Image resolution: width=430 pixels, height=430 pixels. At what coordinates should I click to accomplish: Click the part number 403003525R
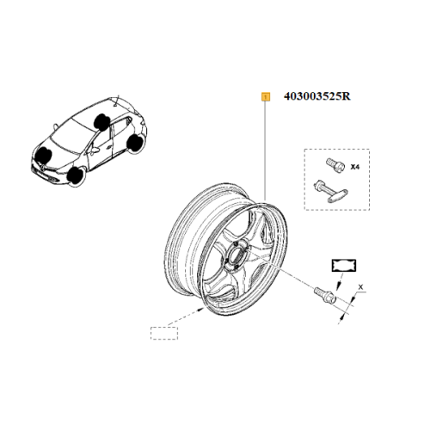[317, 96]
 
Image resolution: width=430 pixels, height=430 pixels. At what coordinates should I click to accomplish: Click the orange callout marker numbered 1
[266, 97]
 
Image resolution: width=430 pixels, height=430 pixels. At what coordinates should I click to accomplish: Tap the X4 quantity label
[355, 167]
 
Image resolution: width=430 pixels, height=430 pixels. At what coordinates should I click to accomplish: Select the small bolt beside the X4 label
[335, 166]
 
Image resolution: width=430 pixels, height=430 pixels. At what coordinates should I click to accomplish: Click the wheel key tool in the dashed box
[331, 192]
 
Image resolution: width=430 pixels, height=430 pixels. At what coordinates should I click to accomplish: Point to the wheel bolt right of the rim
[325, 295]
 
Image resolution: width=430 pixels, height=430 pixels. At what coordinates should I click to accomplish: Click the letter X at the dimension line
[361, 287]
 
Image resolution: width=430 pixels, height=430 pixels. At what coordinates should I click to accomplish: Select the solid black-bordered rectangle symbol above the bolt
[344, 265]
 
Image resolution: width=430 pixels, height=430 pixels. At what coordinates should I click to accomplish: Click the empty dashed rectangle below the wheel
[164, 333]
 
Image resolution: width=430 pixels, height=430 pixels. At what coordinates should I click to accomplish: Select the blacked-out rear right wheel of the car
[101, 121]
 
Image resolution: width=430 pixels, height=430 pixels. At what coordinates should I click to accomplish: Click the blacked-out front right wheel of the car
[44, 155]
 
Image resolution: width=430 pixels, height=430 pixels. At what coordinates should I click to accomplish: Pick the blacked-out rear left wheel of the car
[135, 144]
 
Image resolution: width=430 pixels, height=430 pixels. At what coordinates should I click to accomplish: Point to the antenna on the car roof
[117, 101]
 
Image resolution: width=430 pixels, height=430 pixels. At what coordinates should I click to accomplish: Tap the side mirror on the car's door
[95, 150]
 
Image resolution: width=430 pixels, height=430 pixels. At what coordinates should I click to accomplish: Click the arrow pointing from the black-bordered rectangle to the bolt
[340, 281]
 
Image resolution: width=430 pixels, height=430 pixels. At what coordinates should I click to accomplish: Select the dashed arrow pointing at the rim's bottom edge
[185, 317]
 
